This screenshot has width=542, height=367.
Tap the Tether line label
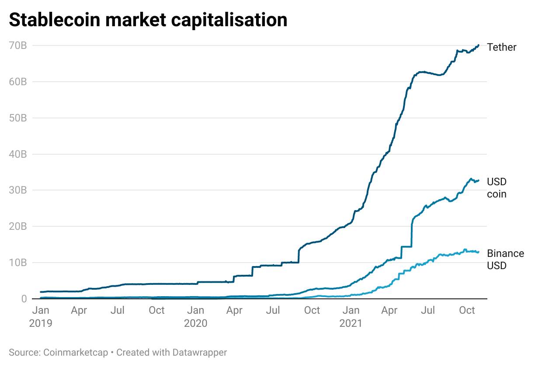(501, 47)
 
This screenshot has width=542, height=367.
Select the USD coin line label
(497, 188)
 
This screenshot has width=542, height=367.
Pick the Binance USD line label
(505, 259)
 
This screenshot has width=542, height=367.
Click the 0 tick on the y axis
(24, 299)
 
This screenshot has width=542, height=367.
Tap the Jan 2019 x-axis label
(40, 317)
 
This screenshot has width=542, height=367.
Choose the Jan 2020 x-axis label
(195, 317)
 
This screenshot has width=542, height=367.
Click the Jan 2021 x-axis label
(351, 317)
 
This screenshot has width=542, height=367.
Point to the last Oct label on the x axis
(467, 311)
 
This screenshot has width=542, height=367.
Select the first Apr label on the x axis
(79, 311)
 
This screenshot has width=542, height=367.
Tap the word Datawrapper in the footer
(200, 353)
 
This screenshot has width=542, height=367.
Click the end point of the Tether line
(479, 45)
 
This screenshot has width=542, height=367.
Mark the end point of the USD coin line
(479, 180)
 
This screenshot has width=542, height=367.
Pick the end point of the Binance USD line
(478, 252)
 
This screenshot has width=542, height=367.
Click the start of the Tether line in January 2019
(41, 292)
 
